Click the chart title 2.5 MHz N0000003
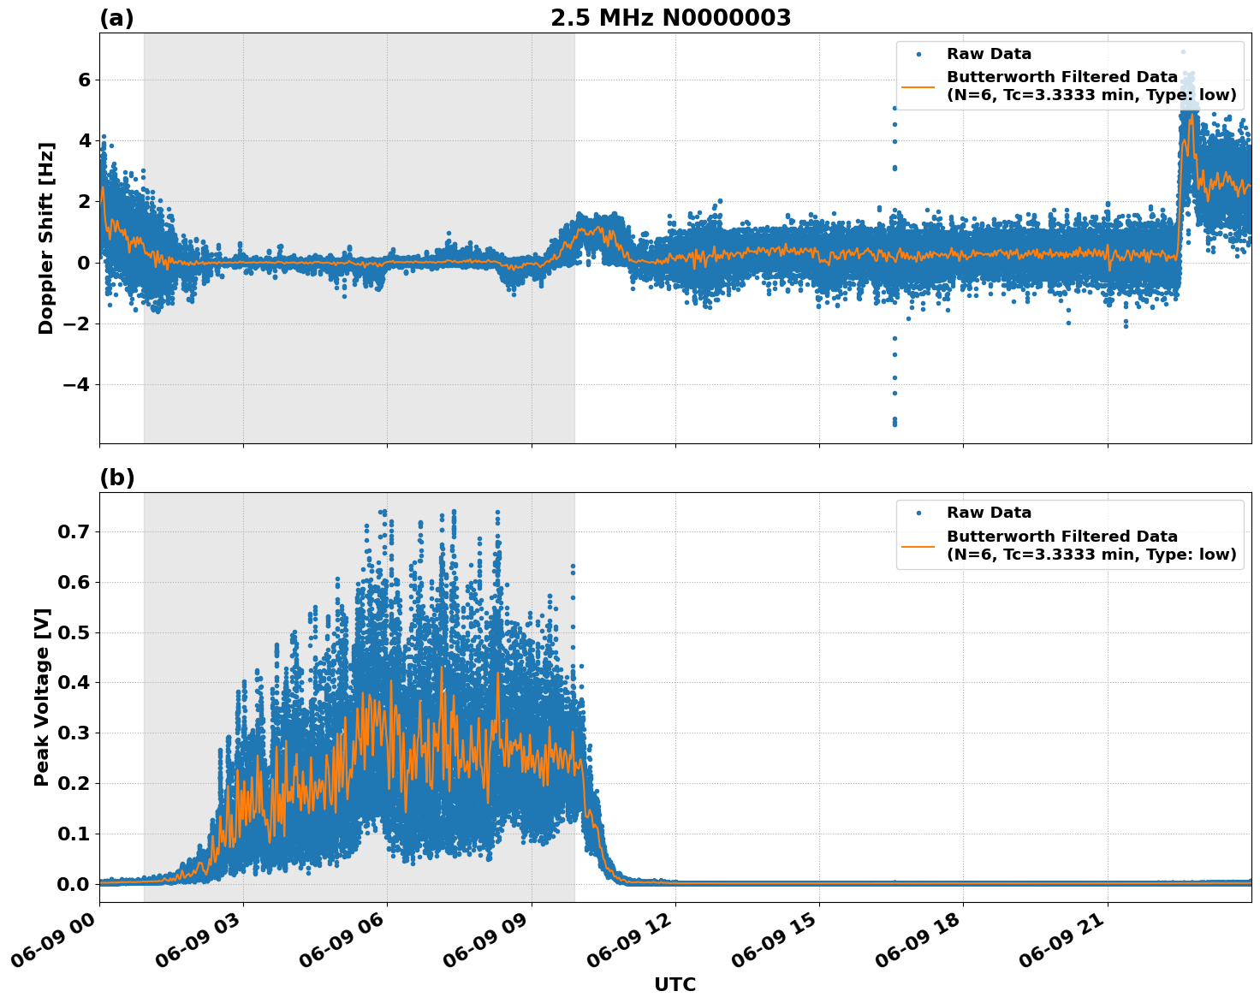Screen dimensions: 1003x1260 (x=670, y=18)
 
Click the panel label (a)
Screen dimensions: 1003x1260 (x=116, y=18)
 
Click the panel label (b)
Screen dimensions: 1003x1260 (x=116, y=478)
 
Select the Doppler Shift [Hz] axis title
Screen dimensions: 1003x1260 (x=46, y=238)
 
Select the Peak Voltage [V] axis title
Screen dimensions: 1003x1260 (x=42, y=697)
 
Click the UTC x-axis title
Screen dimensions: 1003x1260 (x=675, y=984)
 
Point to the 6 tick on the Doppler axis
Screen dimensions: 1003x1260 (x=84, y=80)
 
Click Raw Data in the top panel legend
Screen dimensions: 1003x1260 (x=989, y=54)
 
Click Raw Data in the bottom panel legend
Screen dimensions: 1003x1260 (x=989, y=513)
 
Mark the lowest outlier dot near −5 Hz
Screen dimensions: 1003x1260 (x=894, y=424)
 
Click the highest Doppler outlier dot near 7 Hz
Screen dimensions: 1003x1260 (x=1184, y=51)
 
